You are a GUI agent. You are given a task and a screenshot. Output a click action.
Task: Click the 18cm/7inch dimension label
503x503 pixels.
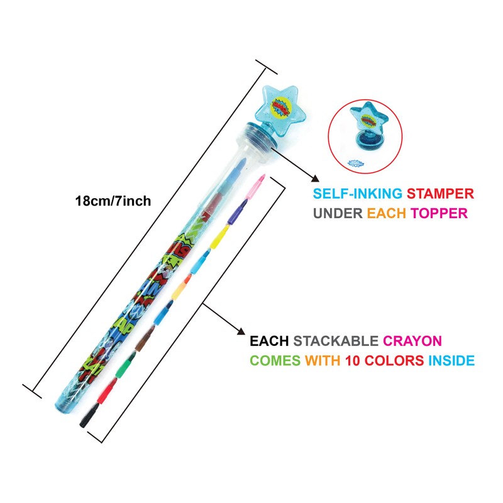pyautogui.click(x=113, y=201)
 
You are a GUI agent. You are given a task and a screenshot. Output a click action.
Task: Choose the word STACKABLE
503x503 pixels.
pyautogui.click(x=336, y=341)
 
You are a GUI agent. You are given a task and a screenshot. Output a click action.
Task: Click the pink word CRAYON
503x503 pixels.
pyautogui.click(x=412, y=341)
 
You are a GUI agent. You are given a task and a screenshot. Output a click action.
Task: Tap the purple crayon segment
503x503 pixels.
pyautogui.click(x=236, y=213)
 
